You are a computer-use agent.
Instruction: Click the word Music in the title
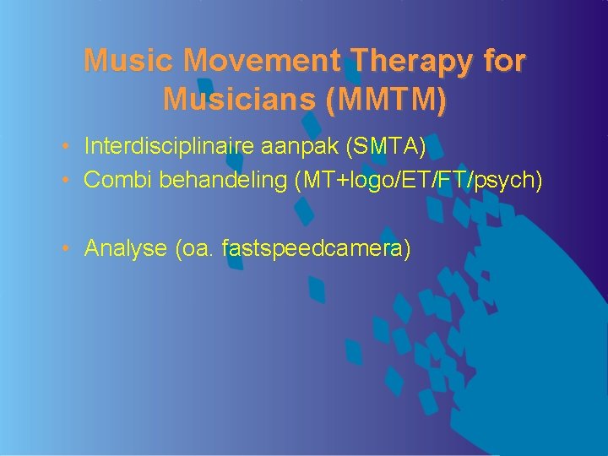(x=129, y=61)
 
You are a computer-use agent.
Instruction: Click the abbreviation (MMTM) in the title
(x=384, y=100)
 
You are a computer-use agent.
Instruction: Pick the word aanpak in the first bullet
(x=307, y=148)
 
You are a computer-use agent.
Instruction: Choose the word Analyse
(x=124, y=248)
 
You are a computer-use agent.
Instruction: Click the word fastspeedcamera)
(x=317, y=248)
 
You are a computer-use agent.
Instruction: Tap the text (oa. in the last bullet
(x=193, y=248)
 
